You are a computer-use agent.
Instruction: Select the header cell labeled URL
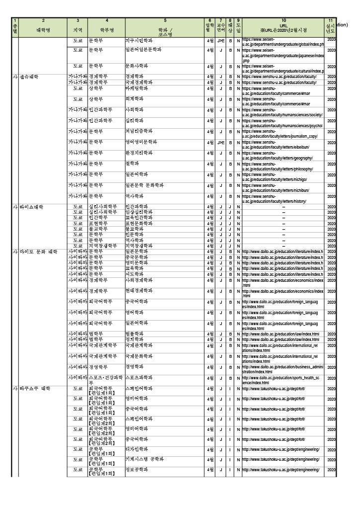pyautogui.click(x=283, y=25)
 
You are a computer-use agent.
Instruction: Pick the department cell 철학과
pyautogui.click(x=132, y=164)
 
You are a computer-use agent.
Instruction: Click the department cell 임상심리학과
pyautogui.click(x=140, y=212)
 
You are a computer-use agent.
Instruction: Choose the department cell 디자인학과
pyautogui.click(x=138, y=448)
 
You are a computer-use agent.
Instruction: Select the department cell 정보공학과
pyautogui.click(x=138, y=470)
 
